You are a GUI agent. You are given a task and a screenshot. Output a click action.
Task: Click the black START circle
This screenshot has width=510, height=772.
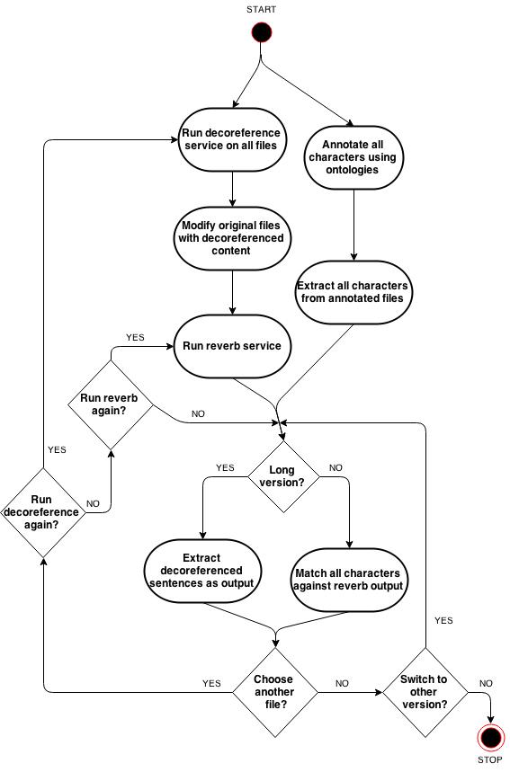click(261, 32)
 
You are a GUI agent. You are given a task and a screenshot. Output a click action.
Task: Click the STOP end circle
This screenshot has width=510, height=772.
click(491, 738)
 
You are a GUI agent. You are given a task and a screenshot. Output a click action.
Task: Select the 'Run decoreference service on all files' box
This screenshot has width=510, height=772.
click(231, 139)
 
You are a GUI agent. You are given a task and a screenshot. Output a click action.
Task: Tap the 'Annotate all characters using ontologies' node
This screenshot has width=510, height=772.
click(353, 157)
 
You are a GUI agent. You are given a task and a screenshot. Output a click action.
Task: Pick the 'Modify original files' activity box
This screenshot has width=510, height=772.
click(231, 238)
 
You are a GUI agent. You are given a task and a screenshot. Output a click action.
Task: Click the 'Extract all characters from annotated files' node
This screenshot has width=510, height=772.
click(353, 292)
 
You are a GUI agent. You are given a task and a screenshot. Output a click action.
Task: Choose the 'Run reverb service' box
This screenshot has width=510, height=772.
click(231, 346)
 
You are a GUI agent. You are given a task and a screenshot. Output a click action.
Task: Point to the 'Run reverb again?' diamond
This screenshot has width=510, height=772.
click(110, 404)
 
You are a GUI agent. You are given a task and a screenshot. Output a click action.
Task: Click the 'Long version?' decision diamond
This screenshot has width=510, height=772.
click(282, 476)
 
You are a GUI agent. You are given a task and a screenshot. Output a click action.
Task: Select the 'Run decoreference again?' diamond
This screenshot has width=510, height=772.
click(43, 512)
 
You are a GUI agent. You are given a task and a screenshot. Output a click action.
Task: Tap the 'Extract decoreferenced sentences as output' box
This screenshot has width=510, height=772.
click(201, 571)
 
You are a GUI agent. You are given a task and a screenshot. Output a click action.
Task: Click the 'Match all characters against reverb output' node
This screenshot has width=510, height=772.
click(349, 580)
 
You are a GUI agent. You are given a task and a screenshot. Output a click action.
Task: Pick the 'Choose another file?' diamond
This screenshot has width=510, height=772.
click(274, 692)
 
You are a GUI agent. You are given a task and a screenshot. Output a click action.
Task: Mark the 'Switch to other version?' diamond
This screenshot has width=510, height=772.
click(425, 692)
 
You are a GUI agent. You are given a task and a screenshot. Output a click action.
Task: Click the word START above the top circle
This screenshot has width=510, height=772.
click(261, 9)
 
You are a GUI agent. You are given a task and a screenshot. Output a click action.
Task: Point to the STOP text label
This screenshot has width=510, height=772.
click(490, 759)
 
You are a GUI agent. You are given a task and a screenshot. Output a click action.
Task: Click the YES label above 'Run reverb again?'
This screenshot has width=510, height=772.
click(135, 337)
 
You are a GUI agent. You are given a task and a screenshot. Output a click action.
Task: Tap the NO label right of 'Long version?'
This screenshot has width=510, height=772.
click(336, 467)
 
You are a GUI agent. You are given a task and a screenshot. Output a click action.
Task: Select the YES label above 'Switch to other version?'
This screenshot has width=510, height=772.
click(443, 620)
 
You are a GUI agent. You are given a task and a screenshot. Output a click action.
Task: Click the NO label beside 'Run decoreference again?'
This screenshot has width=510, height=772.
click(93, 503)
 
